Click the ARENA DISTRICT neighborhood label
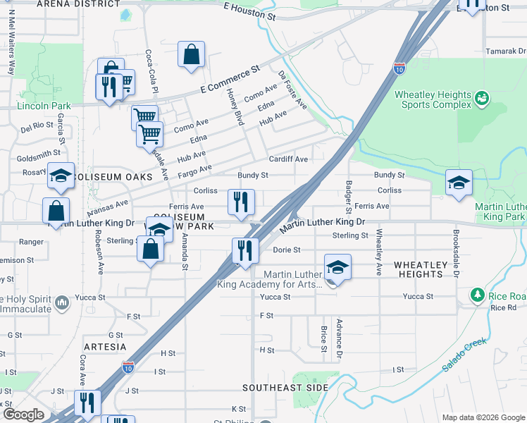click(x=77, y=4)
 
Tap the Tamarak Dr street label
click(x=506, y=51)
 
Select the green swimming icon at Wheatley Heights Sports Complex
click(x=482, y=98)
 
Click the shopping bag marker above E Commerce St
click(x=192, y=55)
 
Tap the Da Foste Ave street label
click(x=293, y=90)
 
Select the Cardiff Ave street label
click(x=288, y=159)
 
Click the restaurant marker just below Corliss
click(x=241, y=202)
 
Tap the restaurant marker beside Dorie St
click(x=244, y=251)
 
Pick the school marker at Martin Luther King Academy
click(x=337, y=268)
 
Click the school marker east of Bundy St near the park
click(x=459, y=183)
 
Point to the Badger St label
click(x=349, y=197)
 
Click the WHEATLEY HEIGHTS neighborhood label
click(x=420, y=270)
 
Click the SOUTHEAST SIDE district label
click(x=285, y=388)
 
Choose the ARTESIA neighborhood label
click(x=105, y=347)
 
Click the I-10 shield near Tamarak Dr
click(x=399, y=68)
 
